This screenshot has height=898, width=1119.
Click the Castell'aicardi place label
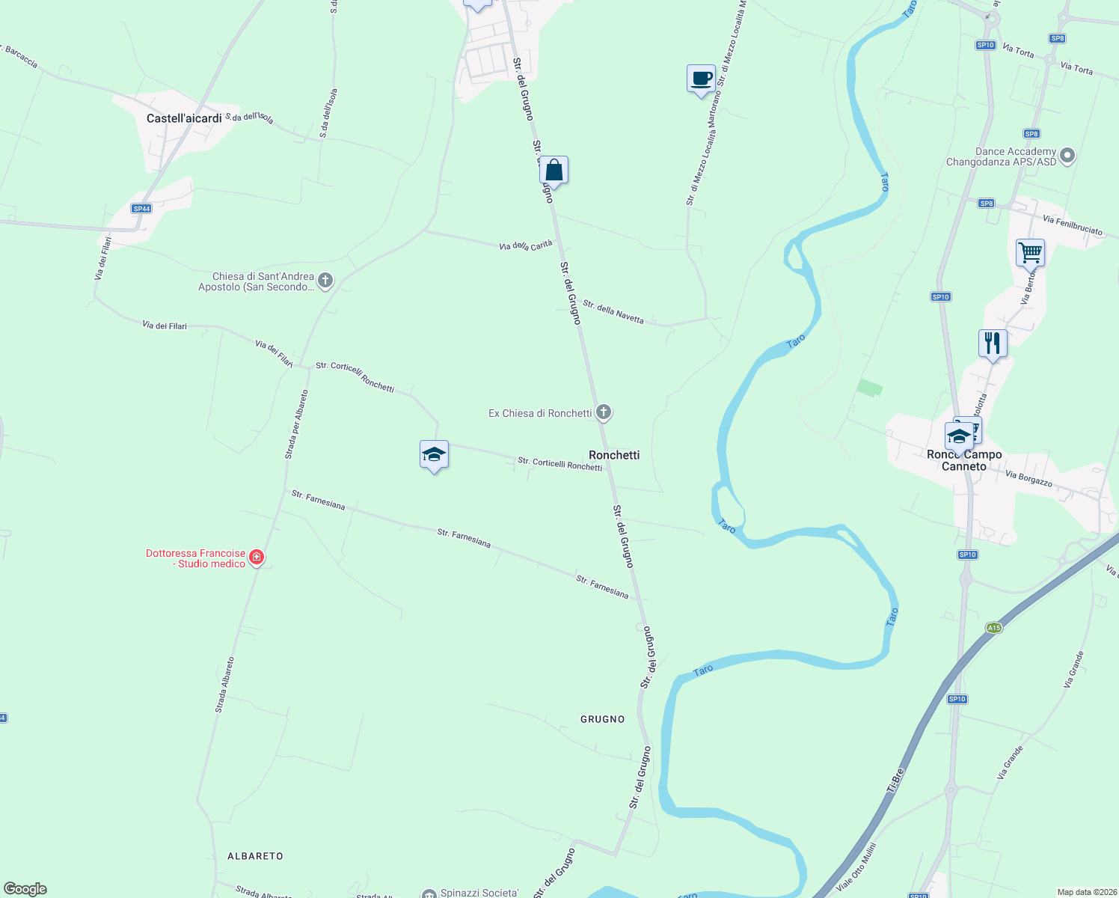(x=184, y=118)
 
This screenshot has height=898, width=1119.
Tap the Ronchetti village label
(x=614, y=455)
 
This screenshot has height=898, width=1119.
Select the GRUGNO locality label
(x=602, y=719)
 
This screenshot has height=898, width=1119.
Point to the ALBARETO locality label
(x=255, y=856)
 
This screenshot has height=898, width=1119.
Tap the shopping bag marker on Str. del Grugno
(x=554, y=171)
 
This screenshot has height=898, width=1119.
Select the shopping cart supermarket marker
(x=1030, y=253)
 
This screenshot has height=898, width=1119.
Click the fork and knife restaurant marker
(x=993, y=343)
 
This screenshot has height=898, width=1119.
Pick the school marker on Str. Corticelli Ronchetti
(x=434, y=454)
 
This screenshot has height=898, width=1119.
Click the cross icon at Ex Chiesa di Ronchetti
(x=604, y=412)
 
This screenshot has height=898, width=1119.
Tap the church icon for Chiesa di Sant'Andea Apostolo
(x=325, y=281)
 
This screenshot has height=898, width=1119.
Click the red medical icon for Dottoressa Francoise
(x=257, y=558)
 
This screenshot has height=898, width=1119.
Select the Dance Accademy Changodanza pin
(x=1067, y=156)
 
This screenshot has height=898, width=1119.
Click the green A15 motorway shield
(x=993, y=628)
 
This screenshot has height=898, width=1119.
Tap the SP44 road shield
(x=141, y=209)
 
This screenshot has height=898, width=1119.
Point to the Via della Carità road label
(x=525, y=245)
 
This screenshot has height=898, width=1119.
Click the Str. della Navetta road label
(x=613, y=312)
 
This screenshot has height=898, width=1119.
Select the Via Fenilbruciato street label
(x=1073, y=225)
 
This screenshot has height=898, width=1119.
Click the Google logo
(x=25, y=889)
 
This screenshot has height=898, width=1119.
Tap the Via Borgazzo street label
(x=1028, y=479)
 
